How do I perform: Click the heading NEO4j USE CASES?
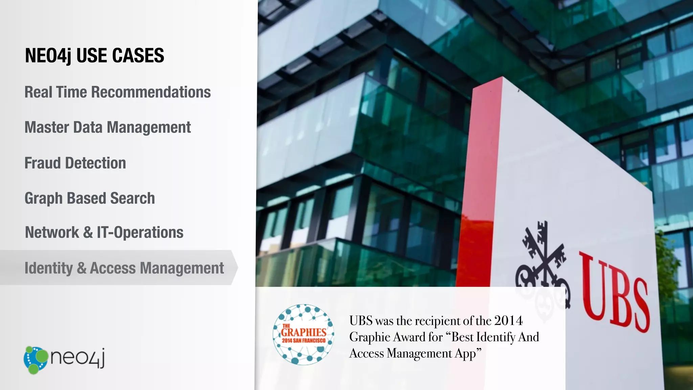(94, 56)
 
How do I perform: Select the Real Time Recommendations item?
(117, 92)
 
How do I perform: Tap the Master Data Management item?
(108, 128)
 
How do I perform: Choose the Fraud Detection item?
(75, 163)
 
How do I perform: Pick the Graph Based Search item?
(90, 198)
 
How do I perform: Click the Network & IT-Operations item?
(104, 233)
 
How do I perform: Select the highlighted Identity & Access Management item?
(124, 268)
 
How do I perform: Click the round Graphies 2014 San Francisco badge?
(304, 334)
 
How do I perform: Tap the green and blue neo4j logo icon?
(36, 360)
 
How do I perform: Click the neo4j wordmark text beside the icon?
(78, 357)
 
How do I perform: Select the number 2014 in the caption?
(508, 321)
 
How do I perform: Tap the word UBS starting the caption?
(361, 321)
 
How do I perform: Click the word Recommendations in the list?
(151, 92)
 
